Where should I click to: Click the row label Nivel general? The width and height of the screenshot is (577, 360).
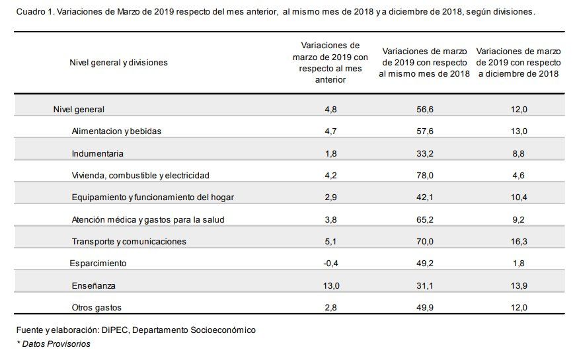click(79, 109)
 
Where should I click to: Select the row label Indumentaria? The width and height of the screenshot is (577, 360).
click(98, 153)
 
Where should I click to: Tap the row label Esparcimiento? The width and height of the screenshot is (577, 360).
click(98, 263)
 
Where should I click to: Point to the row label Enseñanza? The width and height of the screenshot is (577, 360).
click(94, 285)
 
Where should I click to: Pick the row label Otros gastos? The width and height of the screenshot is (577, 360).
click(96, 307)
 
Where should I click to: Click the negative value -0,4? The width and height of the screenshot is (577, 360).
click(330, 263)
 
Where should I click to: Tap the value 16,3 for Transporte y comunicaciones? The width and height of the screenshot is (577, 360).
click(519, 241)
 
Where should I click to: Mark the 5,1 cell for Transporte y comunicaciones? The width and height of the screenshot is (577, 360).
click(330, 241)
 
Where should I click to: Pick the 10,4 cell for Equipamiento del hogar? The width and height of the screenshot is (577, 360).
click(519, 198)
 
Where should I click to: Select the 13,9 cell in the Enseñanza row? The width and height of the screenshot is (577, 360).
click(519, 285)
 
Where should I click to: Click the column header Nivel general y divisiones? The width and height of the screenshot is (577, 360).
click(118, 63)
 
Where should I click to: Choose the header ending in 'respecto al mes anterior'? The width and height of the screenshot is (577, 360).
click(330, 63)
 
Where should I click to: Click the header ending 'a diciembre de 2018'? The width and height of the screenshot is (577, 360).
click(519, 63)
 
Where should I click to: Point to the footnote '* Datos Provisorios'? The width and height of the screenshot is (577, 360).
click(54, 344)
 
